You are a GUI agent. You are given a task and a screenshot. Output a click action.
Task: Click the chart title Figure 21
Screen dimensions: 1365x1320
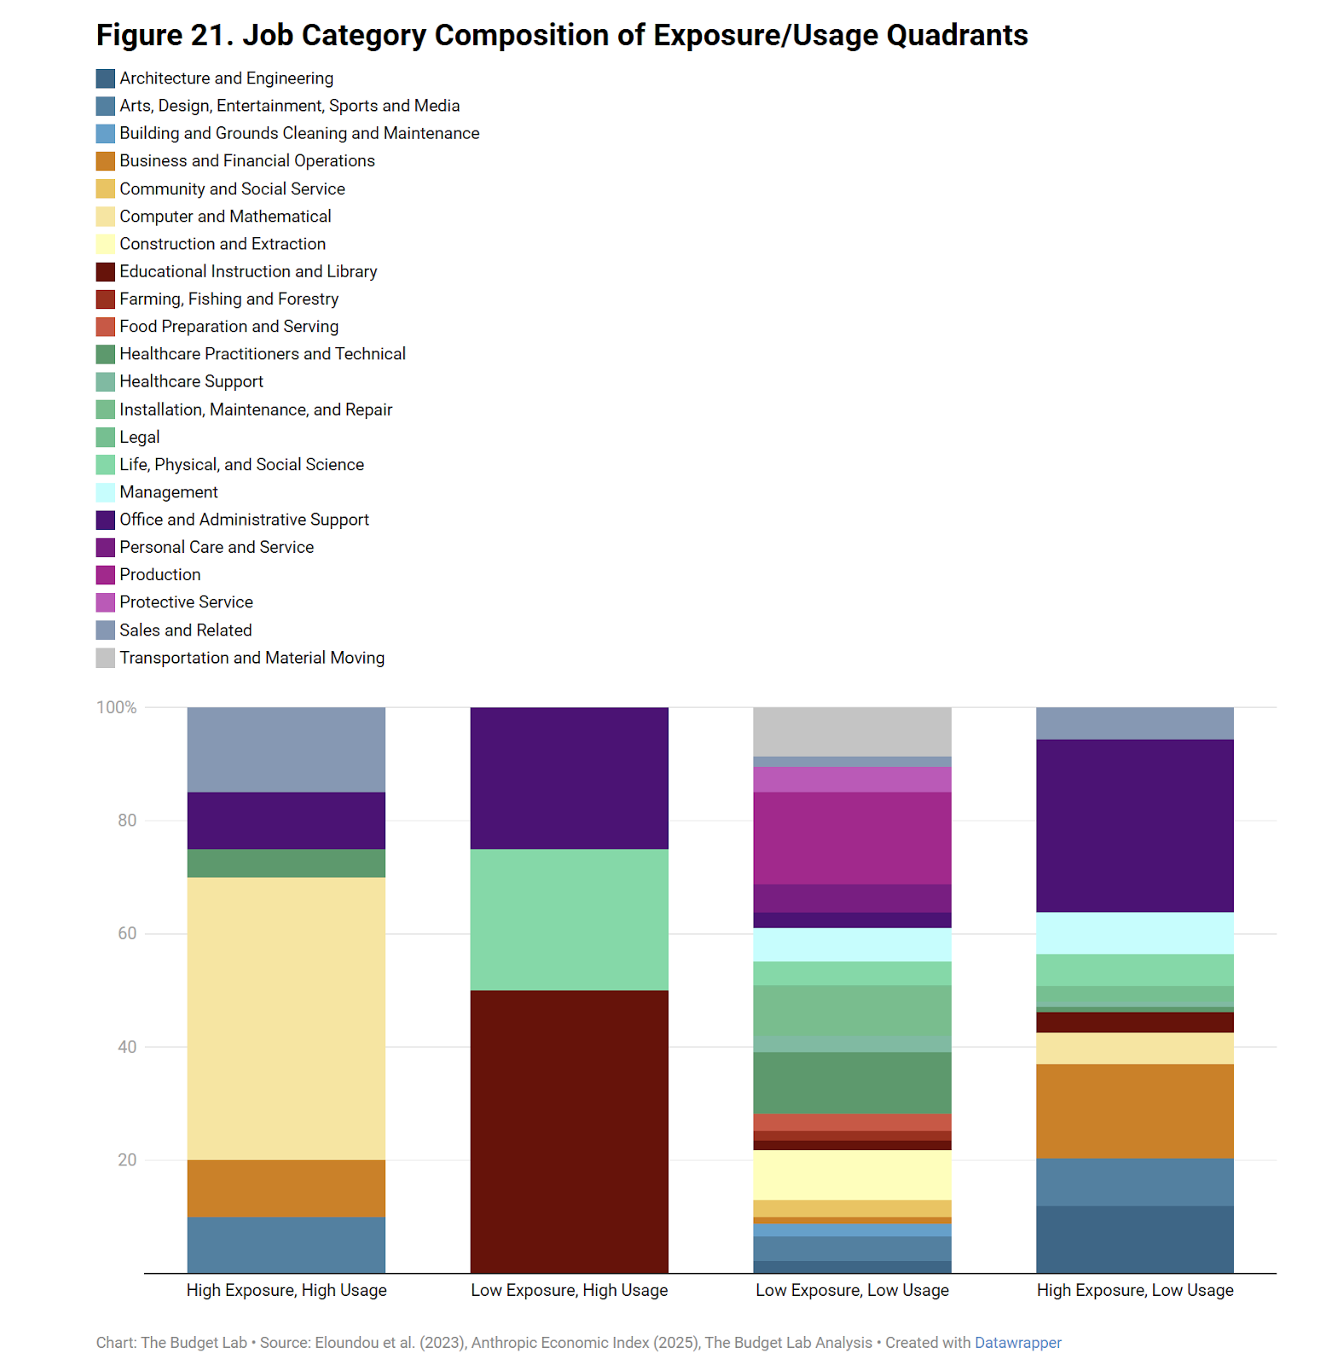click(x=561, y=36)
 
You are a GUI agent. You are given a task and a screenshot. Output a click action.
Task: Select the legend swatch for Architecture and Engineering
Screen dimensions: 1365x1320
click(x=106, y=78)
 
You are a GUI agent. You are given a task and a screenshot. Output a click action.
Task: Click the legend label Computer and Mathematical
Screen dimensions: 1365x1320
click(x=225, y=217)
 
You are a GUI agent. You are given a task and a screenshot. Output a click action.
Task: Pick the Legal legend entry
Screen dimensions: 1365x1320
click(x=140, y=438)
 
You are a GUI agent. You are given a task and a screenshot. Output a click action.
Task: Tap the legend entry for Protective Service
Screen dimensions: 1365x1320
click(x=186, y=602)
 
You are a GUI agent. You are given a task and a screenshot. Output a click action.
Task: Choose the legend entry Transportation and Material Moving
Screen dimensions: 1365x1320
click(x=252, y=658)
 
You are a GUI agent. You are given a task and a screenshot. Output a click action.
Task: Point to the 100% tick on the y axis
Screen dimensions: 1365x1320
click(x=116, y=707)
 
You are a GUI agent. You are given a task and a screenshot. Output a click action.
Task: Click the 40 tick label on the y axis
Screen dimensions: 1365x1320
click(x=126, y=1047)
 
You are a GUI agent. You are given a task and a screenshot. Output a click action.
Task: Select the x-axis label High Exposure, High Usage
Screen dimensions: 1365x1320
click(x=287, y=1290)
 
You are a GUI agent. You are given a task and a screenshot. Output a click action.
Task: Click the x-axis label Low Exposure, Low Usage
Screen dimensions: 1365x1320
click(x=852, y=1290)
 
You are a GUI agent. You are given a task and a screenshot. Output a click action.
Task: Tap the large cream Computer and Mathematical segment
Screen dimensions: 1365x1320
click(x=287, y=1019)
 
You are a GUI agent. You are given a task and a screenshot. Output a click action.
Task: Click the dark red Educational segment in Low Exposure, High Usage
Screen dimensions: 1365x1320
click(x=569, y=1131)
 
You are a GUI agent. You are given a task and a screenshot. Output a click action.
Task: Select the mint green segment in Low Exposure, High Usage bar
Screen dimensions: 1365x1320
click(x=569, y=920)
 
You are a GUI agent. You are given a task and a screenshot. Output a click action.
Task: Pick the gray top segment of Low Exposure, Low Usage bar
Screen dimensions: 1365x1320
click(x=852, y=731)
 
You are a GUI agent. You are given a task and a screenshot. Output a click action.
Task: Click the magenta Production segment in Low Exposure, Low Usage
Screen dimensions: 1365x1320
click(x=852, y=838)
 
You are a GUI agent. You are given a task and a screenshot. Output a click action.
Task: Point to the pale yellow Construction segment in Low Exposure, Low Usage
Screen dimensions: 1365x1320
click(x=852, y=1175)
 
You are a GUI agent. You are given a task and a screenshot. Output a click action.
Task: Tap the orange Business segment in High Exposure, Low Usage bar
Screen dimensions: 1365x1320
click(x=1135, y=1111)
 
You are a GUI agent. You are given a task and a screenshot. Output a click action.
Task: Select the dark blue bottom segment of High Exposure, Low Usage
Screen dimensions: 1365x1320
click(x=1135, y=1239)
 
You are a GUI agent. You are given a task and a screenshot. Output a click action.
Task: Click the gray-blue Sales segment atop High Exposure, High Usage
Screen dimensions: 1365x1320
click(x=287, y=749)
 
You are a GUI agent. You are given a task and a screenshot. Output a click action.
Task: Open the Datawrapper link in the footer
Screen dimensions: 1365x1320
click(x=1017, y=1343)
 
